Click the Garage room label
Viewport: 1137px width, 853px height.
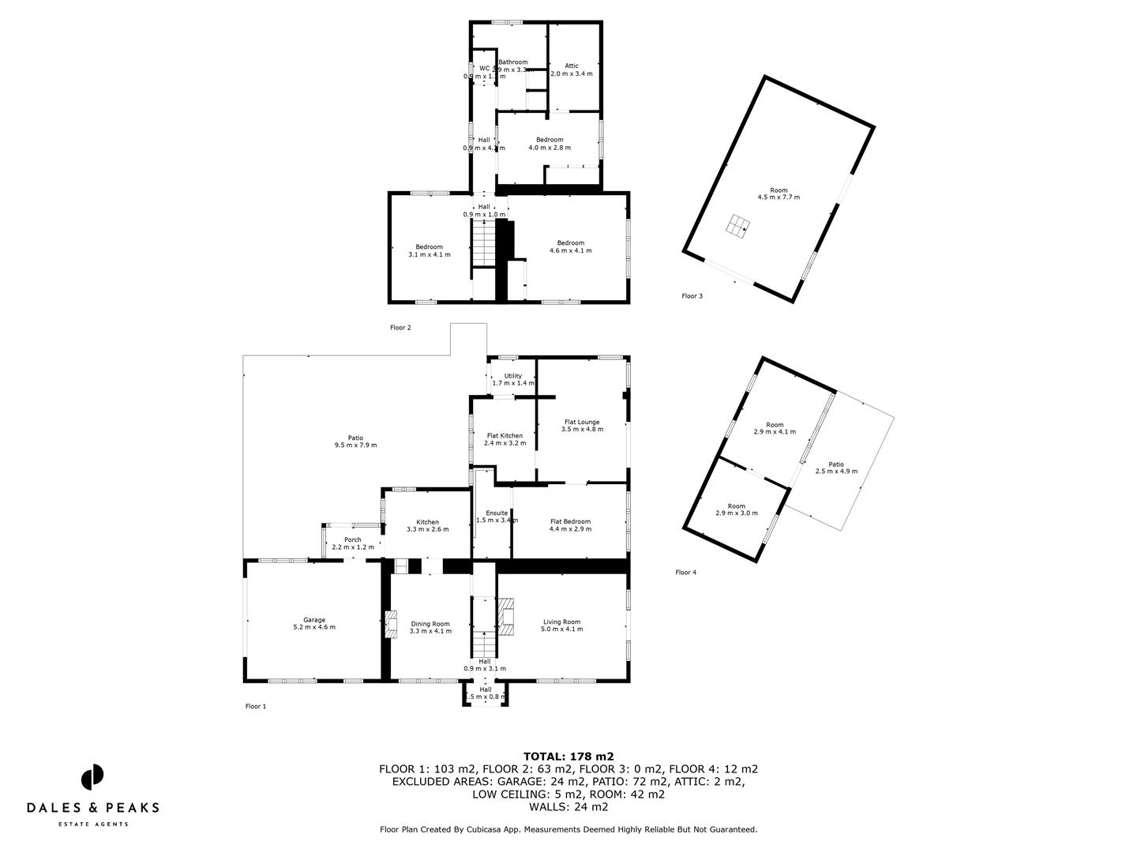click(314, 620)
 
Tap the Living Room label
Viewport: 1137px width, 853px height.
click(561, 622)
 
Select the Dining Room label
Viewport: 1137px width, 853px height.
click(430, 624)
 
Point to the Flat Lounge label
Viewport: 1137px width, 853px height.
click(582, 422)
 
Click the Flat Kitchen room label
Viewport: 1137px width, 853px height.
click(505, 435)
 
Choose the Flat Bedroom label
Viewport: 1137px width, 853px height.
click(570, 521)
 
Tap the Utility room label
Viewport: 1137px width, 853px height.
click(512, 376)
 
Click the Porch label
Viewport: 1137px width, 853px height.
click(352, 540)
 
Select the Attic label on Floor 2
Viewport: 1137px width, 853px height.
click(572, 66)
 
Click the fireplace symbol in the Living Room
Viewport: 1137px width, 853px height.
click(506, 617)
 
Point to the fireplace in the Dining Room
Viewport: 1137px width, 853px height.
click(391, 624)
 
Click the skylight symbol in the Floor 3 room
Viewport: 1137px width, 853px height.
click(736, 226)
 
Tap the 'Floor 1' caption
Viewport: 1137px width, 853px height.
click(256, 707)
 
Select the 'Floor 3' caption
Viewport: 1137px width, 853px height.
click(692, 296)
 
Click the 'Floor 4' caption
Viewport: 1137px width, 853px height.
click(686, 573)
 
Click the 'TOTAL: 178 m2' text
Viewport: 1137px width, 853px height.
click(568, 756)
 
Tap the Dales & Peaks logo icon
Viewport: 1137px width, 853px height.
click(92, 776)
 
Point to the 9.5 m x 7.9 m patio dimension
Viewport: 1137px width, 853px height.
click(355, 445)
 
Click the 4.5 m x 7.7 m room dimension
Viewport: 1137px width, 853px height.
click(779, 197)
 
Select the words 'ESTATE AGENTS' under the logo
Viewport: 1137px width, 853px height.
click(93, 825)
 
